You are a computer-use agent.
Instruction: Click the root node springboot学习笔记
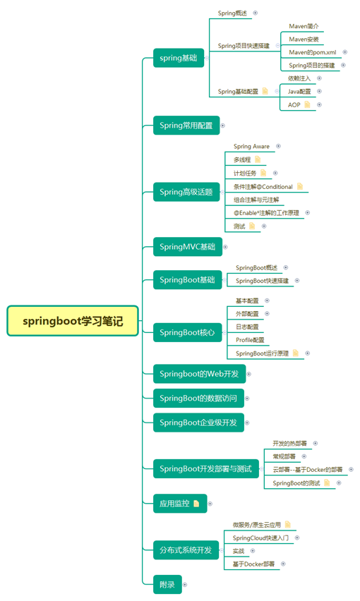[73, 321]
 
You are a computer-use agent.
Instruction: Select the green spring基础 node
[179, 58]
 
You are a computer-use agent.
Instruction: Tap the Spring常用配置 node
[186, 126]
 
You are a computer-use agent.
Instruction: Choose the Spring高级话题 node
[186, 191]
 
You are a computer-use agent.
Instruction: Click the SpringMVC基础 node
[187, 246]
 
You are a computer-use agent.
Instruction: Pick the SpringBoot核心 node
[186, 332]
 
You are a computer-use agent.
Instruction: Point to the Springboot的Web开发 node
[198, 374]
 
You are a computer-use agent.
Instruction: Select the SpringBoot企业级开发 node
[198, 423]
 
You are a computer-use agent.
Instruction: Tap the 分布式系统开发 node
[185, 550]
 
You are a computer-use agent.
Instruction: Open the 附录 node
[167, 584]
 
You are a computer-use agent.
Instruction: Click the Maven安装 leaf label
[304, 39]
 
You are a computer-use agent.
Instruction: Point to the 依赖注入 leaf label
[299, 78]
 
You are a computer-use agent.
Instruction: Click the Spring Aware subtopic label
[252, 146]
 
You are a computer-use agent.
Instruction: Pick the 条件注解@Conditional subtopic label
[263, 186]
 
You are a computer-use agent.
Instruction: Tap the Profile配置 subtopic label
[250, 339]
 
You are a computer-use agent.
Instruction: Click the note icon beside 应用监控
[196, 504]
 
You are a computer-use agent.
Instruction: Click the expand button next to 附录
[185, 584]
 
